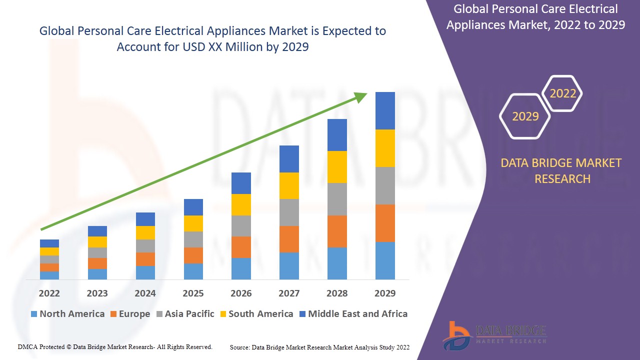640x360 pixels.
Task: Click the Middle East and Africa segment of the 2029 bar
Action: pos(385,110)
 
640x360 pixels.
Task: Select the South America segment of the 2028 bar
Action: pos(337,167)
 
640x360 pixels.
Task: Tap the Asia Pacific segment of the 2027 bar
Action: pos(289,212)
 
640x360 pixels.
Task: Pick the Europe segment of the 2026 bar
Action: pos(241,247)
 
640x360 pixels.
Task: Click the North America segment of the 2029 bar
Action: pos(385,260)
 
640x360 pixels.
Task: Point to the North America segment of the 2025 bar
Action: pos(193,271)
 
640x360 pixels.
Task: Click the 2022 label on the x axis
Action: pos(49,293)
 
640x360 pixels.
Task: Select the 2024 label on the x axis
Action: pos(145,293)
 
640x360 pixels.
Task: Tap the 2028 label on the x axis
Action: pos(337,293)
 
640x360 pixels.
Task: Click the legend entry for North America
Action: pos(67,314)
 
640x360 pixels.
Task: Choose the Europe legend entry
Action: pos(129,314)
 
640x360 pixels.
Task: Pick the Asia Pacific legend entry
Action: pos(185,314)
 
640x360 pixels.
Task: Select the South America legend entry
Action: pos(256,314)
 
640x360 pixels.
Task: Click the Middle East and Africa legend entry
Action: pos(353,314)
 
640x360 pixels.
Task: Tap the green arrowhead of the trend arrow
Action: pos(361,96)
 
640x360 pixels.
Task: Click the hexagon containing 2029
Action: pos(525,116)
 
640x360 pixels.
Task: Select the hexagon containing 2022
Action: pos(562,93)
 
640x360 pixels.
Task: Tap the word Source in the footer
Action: pos(240,347)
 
